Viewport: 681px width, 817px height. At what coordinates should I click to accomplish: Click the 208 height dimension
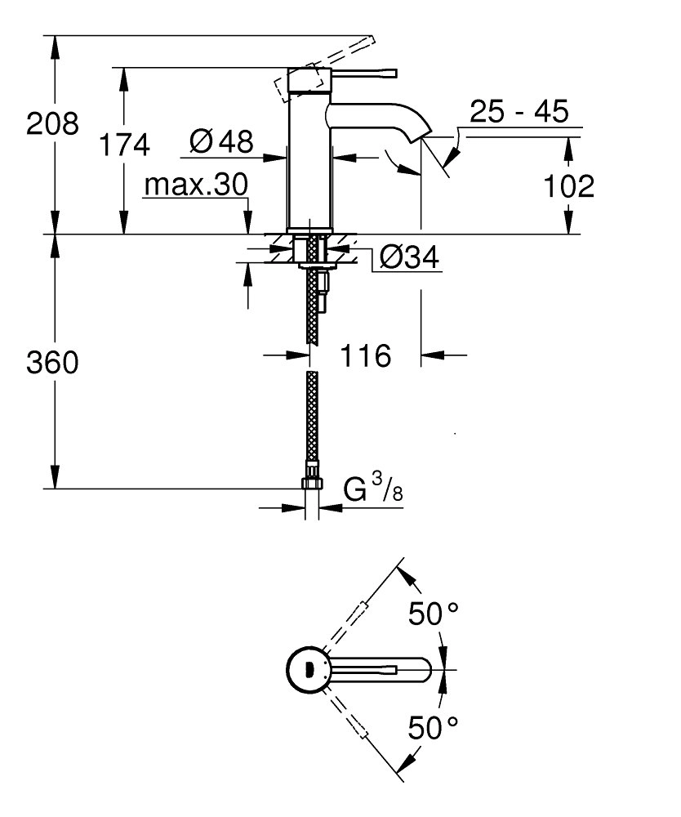point(53,124)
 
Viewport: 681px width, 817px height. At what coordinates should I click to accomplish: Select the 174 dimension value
point(124,145)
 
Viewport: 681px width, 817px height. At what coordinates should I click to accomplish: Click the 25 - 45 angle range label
point(519,111)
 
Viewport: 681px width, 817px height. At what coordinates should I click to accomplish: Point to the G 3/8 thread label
point(372,490)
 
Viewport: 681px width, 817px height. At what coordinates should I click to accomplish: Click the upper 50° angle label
point(435,614)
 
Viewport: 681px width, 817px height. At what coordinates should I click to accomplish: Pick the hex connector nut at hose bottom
point(311,483)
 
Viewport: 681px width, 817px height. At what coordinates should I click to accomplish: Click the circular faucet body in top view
point(308,670)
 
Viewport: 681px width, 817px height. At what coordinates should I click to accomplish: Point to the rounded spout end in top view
point(421,670)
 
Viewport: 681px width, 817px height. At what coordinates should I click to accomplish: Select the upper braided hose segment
point(311,310)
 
